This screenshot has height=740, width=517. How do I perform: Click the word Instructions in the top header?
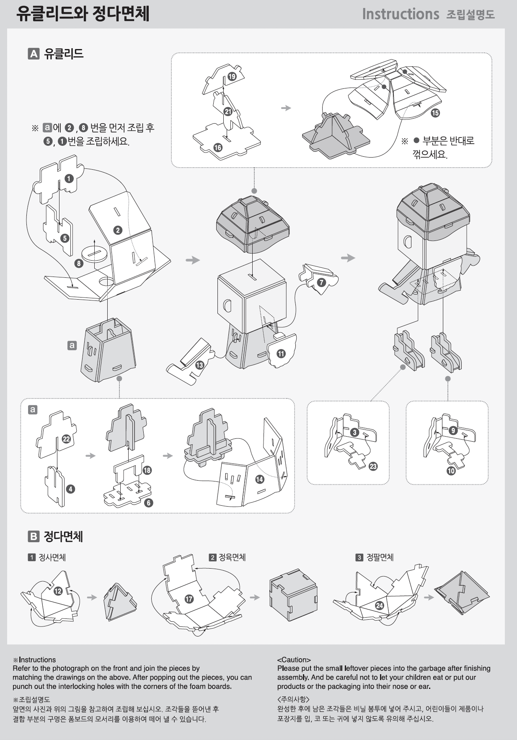point(400,14)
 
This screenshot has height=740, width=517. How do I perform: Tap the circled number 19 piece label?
point(232,76)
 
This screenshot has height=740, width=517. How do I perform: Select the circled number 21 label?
point(228,111)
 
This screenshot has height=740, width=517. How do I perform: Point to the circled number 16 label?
point(218,147)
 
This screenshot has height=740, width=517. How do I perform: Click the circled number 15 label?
point(435,113)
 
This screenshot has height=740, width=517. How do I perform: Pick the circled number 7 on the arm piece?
point(321,282)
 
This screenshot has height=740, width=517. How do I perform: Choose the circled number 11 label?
point(281,353)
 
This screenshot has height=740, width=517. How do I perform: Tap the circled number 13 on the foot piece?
point(199,365)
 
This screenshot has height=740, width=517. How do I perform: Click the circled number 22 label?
point(66,439)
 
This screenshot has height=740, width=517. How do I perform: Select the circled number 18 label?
point(147,470)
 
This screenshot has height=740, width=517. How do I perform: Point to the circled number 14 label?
point(260,479)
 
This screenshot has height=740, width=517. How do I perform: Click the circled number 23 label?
point(373,466)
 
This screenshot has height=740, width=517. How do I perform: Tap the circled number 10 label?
point(451,471)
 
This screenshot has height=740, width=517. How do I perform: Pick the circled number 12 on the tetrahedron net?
point(58,591)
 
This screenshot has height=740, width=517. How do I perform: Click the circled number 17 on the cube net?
point(189,599)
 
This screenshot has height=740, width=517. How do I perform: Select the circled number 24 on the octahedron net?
point(379,605)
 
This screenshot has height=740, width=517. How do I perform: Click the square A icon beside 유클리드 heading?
point(34,54)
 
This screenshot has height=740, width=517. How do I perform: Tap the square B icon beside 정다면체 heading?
point(34,536)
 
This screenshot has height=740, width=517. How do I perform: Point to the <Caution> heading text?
point(294,660)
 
